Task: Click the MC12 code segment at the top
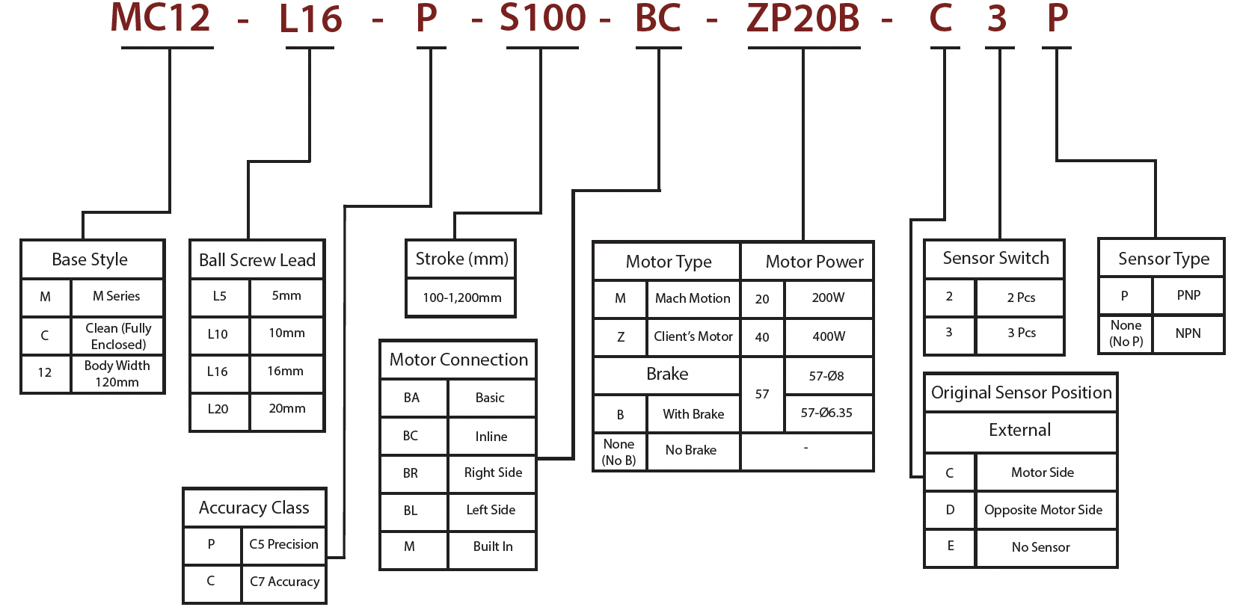[161, 18]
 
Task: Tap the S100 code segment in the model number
[542, 18]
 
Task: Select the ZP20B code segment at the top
[803, 18]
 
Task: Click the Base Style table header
[90, 259]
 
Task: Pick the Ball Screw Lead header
[257, 260]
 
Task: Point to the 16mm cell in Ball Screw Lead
[286, 371]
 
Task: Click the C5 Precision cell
[283, 544]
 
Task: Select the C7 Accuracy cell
[284, 582]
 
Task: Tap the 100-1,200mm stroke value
[461, 298]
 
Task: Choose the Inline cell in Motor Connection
[491, 437]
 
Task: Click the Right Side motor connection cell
[493, 472]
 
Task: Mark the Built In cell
[493, 546]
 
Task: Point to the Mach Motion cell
[693, 298]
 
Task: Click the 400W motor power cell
[829, 336]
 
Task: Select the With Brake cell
[693, 414]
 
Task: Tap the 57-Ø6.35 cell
[826, 413]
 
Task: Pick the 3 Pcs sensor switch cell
[1021, 333]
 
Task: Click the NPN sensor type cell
[1188, 333]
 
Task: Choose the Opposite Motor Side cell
[1043, 510]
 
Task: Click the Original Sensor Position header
[1021, 392]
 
